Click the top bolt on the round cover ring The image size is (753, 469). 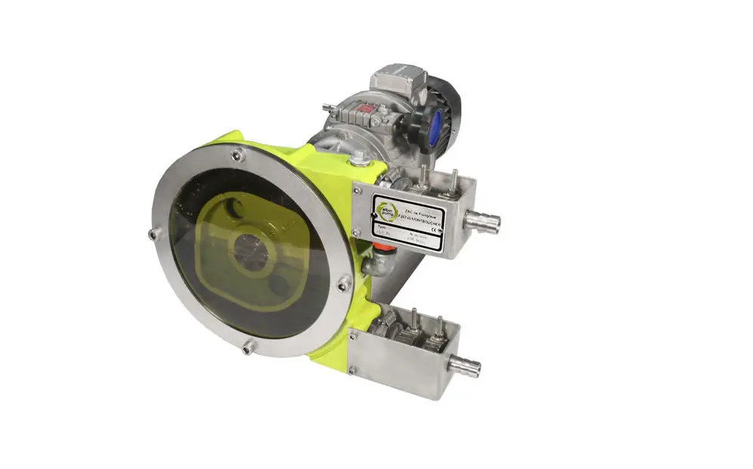237,156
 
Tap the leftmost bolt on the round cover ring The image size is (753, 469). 153,235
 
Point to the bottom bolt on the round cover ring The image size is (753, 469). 247,348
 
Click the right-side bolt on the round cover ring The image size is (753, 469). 343,283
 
